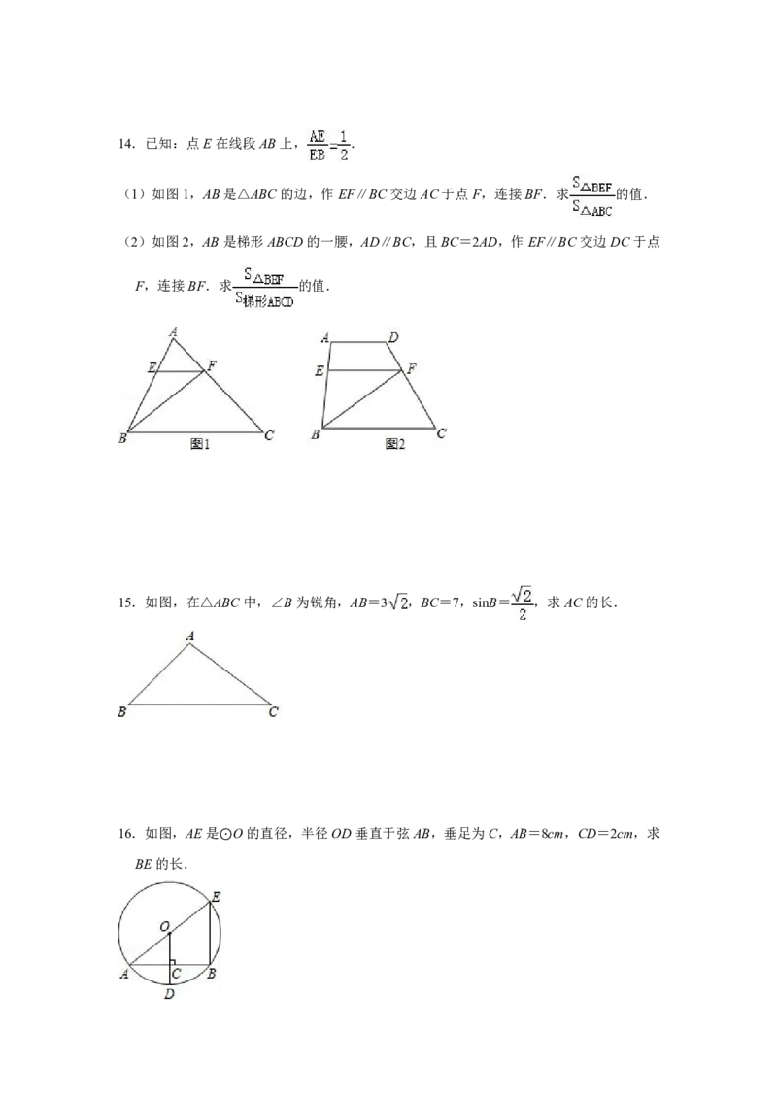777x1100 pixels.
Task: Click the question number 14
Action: tap(126, 144)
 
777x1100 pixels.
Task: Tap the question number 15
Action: tap(126, 602)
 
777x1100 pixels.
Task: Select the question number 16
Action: tap(126, 834)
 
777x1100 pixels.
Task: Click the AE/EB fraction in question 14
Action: tap(317, 145)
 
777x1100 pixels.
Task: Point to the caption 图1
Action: tap(200, 444)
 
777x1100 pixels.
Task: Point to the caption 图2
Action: tap(394, 444)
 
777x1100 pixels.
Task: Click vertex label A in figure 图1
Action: tap(173, 331)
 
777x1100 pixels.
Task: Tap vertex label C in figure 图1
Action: tap(269, 435)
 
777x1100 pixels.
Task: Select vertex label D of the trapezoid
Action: tap(393, 337)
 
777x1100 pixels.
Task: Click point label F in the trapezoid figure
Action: tap(412, 367)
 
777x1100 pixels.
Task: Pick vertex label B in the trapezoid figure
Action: tap(316, 435)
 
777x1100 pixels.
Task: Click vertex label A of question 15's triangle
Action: tap(190, 636)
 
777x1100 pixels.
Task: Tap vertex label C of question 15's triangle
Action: tap(274, 712)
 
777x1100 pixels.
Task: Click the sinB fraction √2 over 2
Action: tap(521, 603)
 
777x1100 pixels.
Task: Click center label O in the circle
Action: tap(165, 927)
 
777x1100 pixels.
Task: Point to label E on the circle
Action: tap(216, 897)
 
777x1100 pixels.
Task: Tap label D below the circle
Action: tap(169, 994)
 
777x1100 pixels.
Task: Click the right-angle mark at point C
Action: tap(173, 962)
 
